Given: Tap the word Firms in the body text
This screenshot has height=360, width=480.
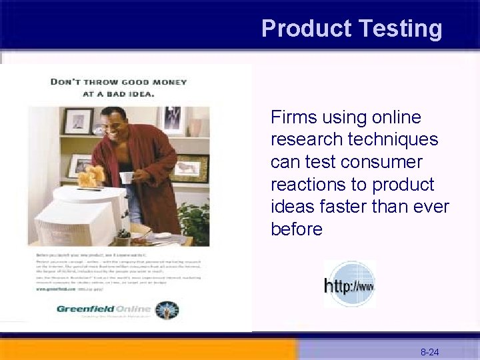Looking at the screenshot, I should click(x=294, y=118).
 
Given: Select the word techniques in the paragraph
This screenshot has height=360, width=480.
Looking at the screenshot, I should click(x=396, y=140).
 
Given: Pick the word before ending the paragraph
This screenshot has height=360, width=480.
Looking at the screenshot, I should click(x=297, y=229).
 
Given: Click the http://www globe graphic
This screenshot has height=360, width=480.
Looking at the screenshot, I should click(x=349, y=285).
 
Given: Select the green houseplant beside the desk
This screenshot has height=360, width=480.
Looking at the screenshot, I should click(x=194, y=221).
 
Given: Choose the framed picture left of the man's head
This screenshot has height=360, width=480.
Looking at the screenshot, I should click(x=78, y=121).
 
